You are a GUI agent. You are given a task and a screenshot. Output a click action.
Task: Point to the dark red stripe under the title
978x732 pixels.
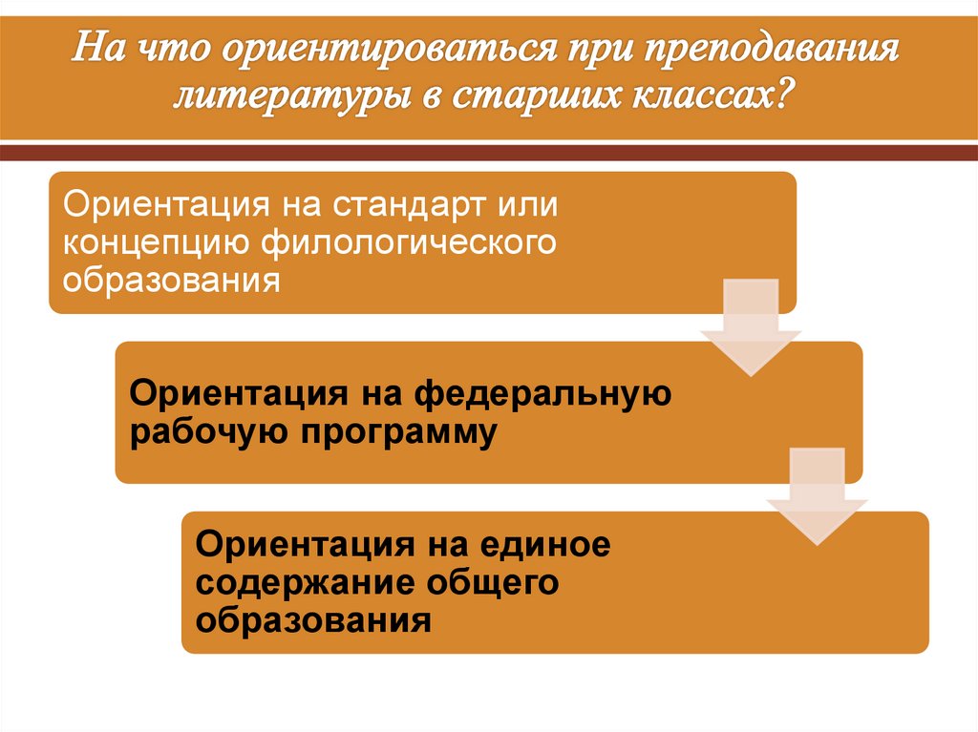click(x=489, y=154)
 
